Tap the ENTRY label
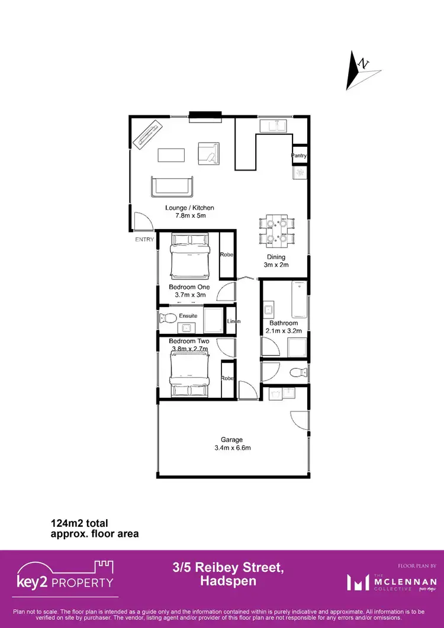(144, 239)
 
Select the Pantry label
(300, 156)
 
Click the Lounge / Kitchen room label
(189, 208)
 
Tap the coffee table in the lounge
(171, 155)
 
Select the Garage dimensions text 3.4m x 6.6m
(232, 448)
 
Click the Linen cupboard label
(233, 321)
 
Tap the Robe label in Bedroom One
(227, 255)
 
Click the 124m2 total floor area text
(79, 523)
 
